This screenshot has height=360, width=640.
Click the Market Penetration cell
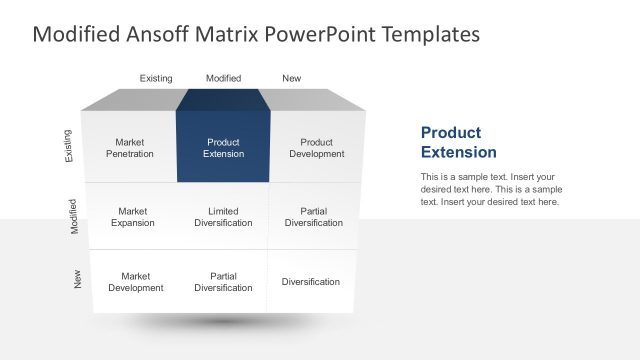pos(130,148)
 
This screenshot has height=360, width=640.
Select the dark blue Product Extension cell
pos(223,148)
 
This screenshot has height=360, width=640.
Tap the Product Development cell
pos(317,148)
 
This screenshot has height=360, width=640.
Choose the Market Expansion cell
pos(133,217)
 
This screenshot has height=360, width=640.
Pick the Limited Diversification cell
pos(223,217)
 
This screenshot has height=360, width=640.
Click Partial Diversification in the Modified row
pos(313,217)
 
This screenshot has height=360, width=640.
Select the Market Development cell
pos(135,282)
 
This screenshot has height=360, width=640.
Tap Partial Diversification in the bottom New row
pos(223,282)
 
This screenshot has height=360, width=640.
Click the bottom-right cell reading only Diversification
pos(310,282)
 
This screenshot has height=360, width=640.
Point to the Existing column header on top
pos(156,78)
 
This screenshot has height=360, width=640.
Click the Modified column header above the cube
pos(223,78)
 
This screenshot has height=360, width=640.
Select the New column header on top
pos(292,78)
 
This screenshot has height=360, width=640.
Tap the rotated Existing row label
pos(68,146)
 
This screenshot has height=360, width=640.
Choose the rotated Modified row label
pos(74,216)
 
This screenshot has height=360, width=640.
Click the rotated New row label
pos(78,281)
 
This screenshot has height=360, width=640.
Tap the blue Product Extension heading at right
pos(458,142)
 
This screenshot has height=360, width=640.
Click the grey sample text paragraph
pos(491,189)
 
